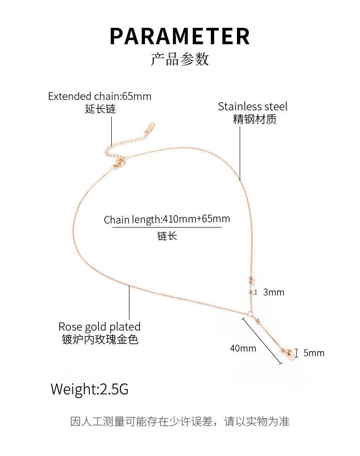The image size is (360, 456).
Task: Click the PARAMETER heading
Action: click(x=180, y=36)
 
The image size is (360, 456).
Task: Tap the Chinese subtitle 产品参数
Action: click(x=180, y=59)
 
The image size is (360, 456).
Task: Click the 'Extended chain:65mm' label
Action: click(x=100, y=96)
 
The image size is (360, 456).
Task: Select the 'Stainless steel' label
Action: click(x=252, y=107)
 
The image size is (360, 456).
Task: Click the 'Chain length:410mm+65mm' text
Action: click(x=167, y=219)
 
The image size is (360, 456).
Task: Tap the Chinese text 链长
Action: click(x=167, y=236)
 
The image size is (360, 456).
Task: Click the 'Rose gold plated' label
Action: click(x=99, y=326)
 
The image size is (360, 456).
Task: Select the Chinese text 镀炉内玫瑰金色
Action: click(x=100, y=339)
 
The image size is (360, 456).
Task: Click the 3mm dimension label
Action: click(x=273, y=292)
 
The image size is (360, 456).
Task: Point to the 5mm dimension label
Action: click(x=314, y=352)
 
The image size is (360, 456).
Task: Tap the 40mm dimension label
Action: click(x=243, y=348)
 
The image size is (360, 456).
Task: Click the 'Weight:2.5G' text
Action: click(x=89, y=389)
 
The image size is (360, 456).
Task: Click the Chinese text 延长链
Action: click(x=100, y=109)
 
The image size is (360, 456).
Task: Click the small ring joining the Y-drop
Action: click(x=250, y=313)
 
